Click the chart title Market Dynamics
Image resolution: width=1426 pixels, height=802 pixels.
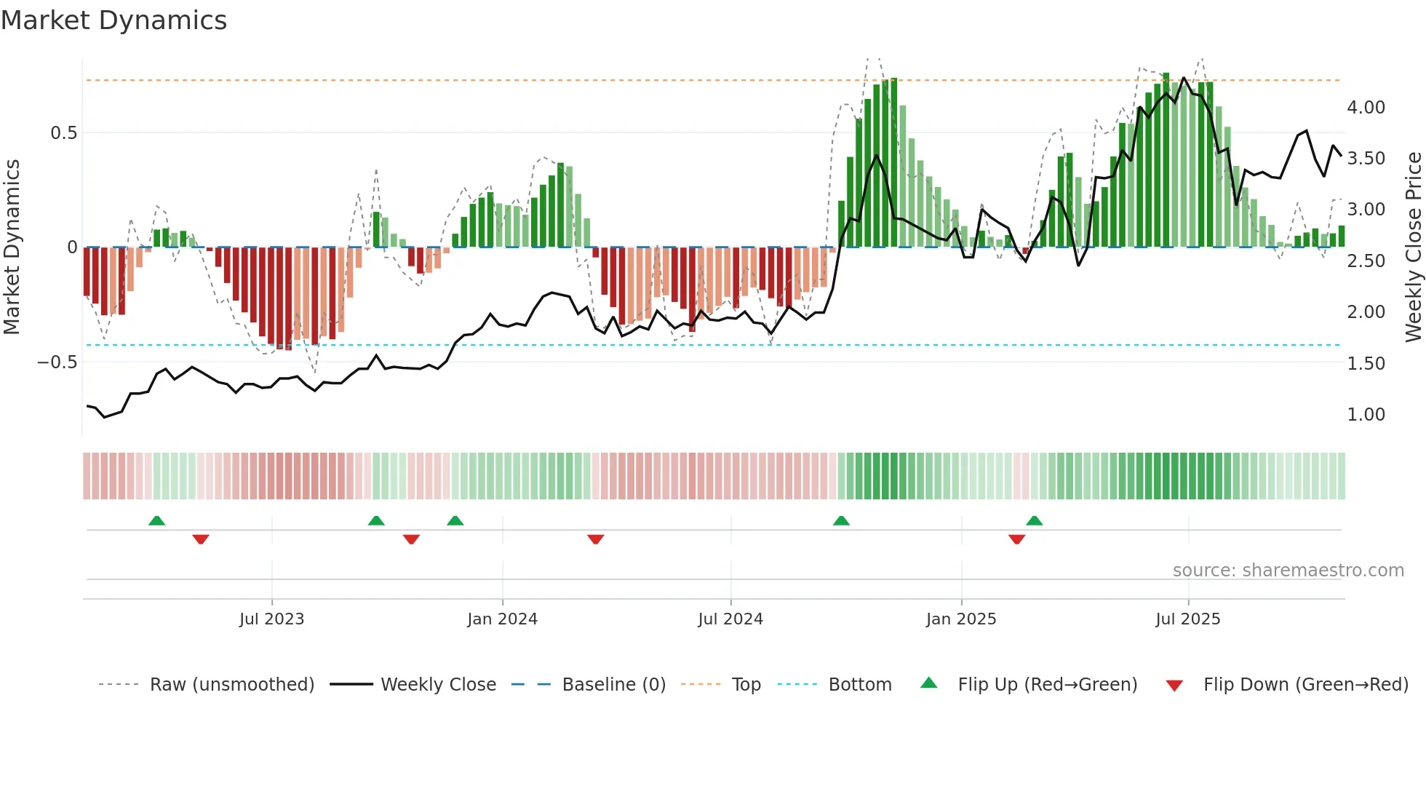[114, 20]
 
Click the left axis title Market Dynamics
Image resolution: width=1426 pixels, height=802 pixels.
[12, 247]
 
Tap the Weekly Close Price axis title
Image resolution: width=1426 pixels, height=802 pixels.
[1413, 247]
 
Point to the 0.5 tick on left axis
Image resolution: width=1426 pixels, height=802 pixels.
[63, 133]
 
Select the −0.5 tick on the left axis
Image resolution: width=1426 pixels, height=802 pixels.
[57, 362]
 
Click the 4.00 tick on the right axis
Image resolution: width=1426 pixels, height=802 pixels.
[1366, 108]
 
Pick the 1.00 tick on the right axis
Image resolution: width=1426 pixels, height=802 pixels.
[1366, 415]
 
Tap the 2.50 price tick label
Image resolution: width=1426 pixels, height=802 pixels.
[1366, 261]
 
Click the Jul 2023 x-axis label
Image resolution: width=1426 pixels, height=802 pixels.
[271, 619]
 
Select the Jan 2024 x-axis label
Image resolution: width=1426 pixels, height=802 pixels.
[502, 619]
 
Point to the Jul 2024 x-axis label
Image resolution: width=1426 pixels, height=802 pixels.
[730, 619]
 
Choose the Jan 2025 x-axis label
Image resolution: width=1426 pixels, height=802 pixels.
[961, 619]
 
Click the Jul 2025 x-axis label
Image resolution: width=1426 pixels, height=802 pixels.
[1188, 619]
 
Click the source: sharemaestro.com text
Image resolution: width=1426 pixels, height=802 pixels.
[1288, 571]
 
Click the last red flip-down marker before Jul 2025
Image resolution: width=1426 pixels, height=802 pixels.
[1017, 539]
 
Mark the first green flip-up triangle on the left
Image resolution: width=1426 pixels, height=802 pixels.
[156, 520]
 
